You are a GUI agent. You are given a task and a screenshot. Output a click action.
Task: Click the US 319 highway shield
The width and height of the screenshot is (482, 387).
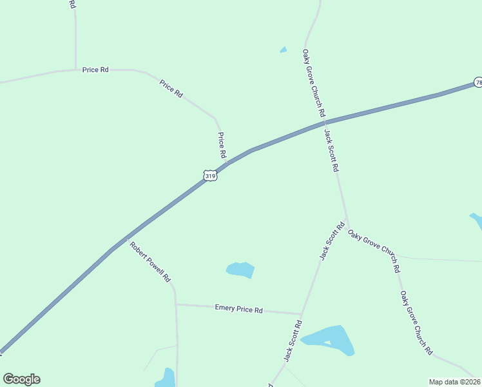(209, 175)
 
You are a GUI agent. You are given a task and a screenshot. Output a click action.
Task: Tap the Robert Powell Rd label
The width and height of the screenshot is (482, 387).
(149, 262)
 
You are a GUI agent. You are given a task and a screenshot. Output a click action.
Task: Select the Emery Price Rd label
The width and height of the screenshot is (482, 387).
(238, 310)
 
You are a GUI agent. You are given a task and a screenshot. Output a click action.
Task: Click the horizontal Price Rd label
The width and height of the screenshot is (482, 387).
(95, 70)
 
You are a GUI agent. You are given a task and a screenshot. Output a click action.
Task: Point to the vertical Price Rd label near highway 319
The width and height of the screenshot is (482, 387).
(221, 146)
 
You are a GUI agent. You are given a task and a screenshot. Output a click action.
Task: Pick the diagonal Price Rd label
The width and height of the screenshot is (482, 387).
(171, 88)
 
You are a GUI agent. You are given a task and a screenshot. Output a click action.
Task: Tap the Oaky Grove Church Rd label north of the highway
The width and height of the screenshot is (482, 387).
(314, 83)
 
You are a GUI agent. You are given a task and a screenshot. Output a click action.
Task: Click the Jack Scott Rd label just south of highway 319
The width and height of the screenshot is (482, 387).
(331, 150)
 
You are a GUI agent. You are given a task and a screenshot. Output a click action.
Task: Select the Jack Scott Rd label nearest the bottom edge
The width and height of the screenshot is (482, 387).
(293, 341)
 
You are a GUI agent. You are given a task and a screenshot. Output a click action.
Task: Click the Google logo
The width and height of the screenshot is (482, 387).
(21, 379)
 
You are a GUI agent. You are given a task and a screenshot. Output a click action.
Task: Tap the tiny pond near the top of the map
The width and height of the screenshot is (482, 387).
(283, 50)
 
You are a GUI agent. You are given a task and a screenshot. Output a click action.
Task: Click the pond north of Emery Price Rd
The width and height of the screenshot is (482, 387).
(240, 270)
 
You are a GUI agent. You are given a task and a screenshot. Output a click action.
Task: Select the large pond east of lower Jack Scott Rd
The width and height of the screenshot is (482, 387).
(330, 340)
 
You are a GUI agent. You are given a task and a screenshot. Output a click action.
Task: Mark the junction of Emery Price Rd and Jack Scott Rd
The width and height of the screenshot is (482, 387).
(302, 314)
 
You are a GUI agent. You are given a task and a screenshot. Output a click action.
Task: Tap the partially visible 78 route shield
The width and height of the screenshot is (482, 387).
(478, 83)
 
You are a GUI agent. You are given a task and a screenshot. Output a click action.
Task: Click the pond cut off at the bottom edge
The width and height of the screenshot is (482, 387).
(166, 379)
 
